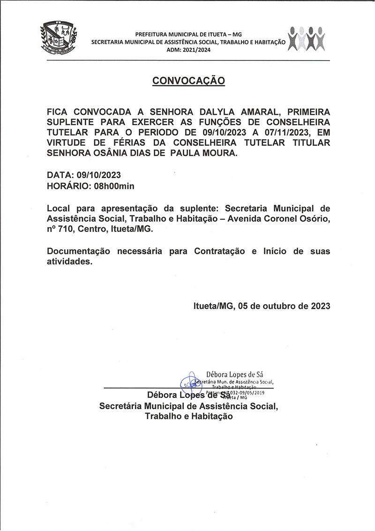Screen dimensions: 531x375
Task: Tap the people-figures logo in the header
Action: coord(307,39)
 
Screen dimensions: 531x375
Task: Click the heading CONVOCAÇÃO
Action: coord(188,81)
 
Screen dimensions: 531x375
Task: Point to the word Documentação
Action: coord(79,251)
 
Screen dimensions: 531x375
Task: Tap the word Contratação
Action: coord(219,251)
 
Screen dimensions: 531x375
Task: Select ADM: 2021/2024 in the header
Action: coord(188,50)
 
